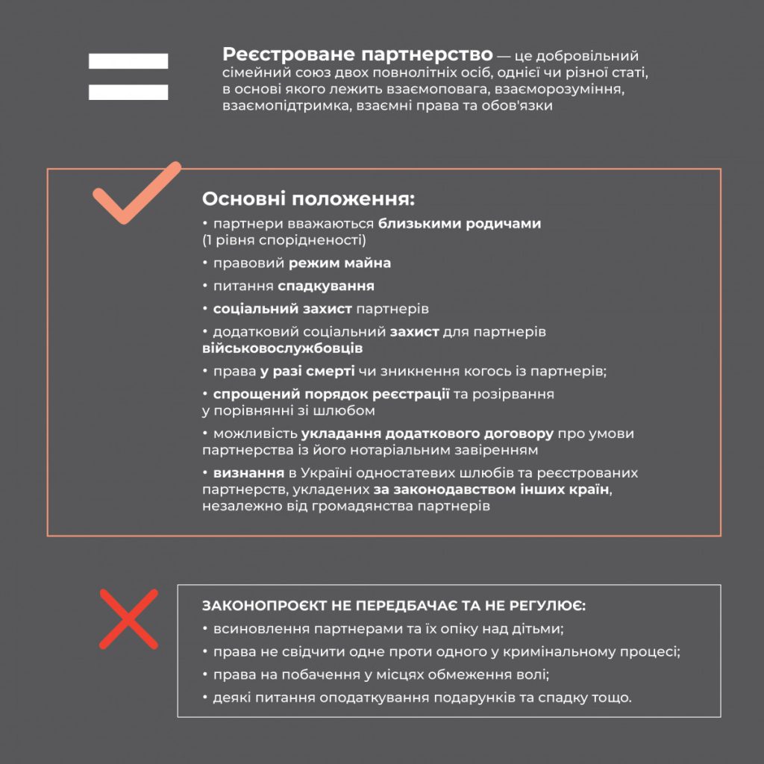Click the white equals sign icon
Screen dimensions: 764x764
click(x=128, y=76)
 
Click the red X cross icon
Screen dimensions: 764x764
click(x=129, y=619)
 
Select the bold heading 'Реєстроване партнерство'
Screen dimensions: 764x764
click(x=357, y=55)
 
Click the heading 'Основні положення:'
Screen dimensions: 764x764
click(x=308, y=200)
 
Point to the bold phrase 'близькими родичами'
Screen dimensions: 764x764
click(x=459, y=223)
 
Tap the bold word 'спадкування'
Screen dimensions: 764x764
click(x=326, y=286)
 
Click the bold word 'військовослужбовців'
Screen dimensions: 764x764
click(x=283, y=348)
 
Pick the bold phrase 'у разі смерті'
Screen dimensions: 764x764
click(x=297, y=371)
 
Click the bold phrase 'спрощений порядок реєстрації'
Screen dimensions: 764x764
click(x=331, y=393)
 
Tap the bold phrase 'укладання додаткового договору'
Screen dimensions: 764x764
click(x=428, y=433)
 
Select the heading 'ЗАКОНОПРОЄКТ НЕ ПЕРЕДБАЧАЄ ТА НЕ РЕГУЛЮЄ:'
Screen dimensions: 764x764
click(x=393, y=605)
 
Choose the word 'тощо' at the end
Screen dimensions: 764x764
click(x=613, y=698)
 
